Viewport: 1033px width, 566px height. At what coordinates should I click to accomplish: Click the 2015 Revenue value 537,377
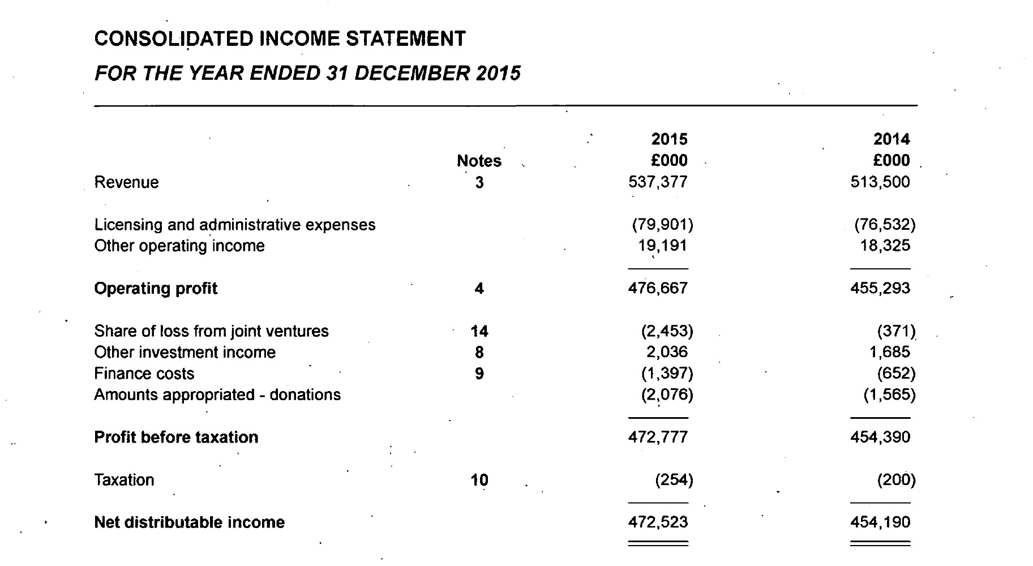(658, 182)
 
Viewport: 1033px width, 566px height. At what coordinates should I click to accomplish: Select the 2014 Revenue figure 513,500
(880, 182)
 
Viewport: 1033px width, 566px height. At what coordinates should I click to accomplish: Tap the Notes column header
(479, 161)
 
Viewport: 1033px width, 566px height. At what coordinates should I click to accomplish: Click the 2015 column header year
(669, 139)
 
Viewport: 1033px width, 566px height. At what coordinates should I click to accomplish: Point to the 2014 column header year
(891, 139)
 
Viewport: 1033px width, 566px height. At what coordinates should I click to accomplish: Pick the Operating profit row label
(156, 289)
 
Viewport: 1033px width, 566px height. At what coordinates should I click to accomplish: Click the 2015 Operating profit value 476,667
(658, 289)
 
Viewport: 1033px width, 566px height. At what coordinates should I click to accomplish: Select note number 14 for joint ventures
(479, 331)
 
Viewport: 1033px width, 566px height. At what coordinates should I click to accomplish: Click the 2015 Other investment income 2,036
(667, 352)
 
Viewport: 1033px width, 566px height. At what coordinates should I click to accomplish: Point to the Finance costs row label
(144, 374)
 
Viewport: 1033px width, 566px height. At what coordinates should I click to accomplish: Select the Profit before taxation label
(176, 438)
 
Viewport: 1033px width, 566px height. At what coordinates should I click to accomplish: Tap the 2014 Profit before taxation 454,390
(880, 438)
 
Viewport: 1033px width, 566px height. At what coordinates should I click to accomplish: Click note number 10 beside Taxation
(479, 480)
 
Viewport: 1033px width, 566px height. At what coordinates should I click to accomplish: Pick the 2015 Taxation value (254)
(674, 480)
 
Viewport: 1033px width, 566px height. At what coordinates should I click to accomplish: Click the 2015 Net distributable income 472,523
(658, 522)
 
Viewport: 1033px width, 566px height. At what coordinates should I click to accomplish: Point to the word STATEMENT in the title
(405, 39)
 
